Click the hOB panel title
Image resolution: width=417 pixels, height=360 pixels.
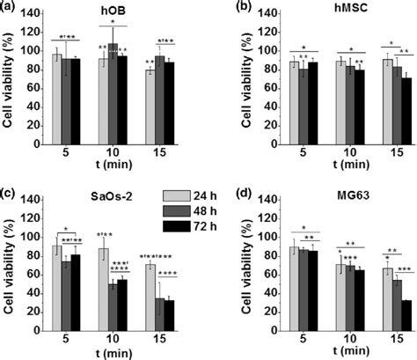coord(111,14)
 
